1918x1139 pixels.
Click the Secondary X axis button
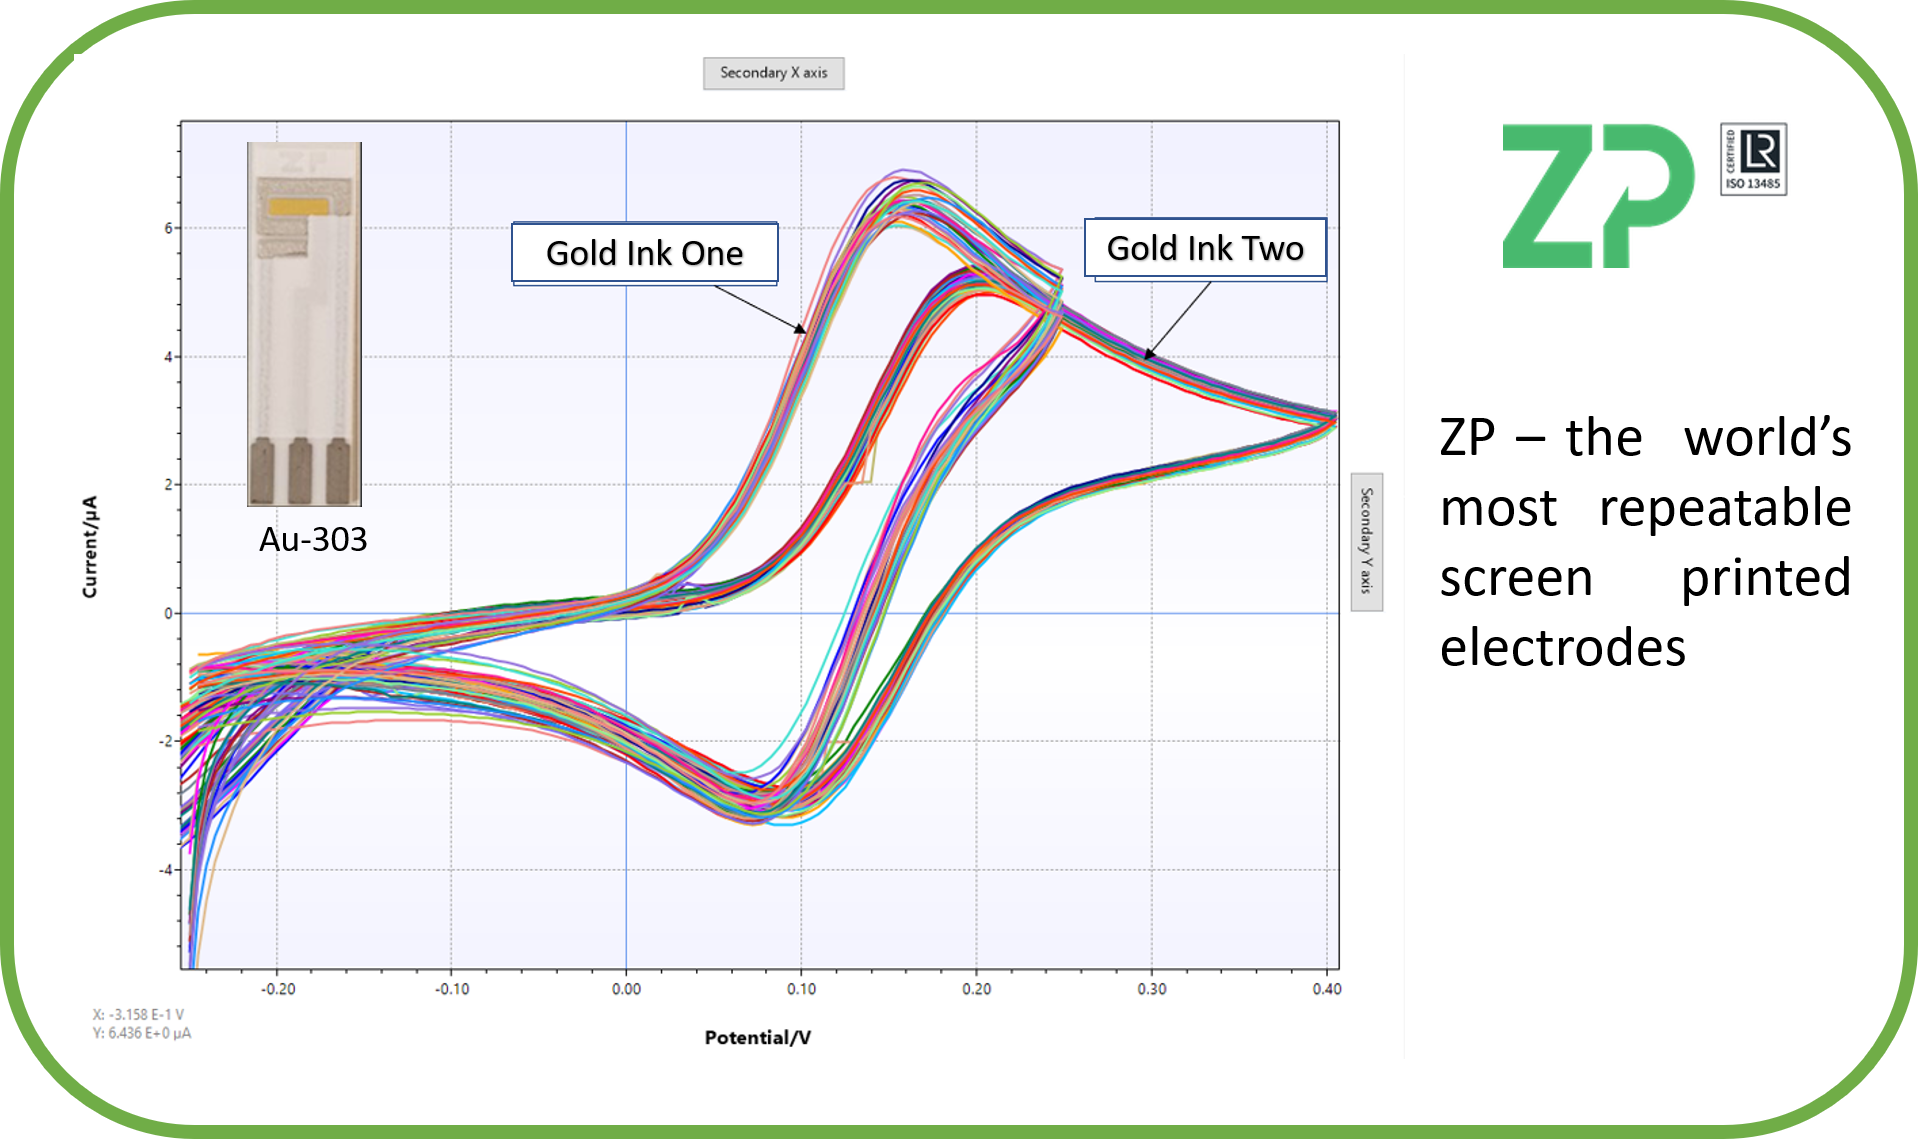773,73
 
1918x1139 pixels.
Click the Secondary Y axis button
1366,541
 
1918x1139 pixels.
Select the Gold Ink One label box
644,253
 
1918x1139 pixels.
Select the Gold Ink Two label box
1205,248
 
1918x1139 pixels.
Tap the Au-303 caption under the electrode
313,540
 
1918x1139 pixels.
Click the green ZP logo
1597,196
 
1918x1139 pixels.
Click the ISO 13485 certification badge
1753,159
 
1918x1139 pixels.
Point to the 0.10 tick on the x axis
801,989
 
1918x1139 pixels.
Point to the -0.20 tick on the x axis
278,989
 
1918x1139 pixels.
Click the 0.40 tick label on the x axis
1327,989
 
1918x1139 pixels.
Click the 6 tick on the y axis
169,228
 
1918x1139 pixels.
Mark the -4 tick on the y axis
166,870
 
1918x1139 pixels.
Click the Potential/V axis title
757,1038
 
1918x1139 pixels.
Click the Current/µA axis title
90,546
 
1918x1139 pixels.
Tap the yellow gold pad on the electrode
299,207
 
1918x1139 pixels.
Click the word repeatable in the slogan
1724,509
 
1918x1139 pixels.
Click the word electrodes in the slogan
1562,648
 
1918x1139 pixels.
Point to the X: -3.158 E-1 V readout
138,1014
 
